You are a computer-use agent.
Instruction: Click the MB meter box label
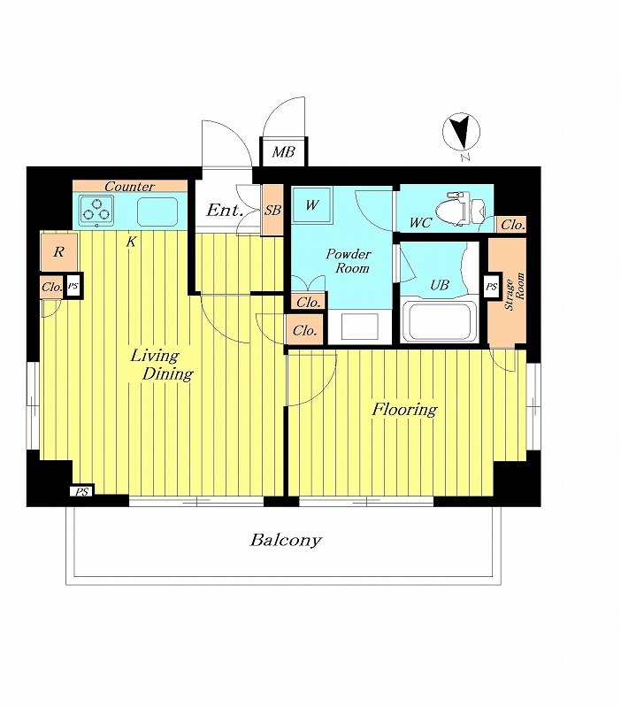pyautogui.click(x=283, y=152)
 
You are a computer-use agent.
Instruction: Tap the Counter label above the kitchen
pyautogui.click(x=129, y=186)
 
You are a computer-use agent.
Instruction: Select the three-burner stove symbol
pyautogui.click(x=96, y=211)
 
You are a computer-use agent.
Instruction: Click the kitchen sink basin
pyautogui.click(x=157, y=212)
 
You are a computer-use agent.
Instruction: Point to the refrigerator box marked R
pyautogui.click(x=59, y=252)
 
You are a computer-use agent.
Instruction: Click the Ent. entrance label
pyautogui.click(x=225, y=210)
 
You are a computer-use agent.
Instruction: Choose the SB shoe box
pyautogui.click(x=272, y=210)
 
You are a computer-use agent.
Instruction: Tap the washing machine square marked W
pyautogui.click(x=312, y=205)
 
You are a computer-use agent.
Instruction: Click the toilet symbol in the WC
pyautogui.click(x=460, y=209)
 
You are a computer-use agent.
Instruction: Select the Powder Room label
pyautogui.click(x=349, y=261)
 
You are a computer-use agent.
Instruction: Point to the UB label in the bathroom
pyautogui.click(x=440, y=285)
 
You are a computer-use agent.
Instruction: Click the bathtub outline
pyautogui.click(x=439, y=320)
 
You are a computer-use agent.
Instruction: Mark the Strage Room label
pyautogui.click(x=515, y=291)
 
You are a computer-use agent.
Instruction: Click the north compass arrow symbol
pyautogui.click(x=461, y=132)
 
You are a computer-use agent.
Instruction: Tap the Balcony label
pyautogui.click(x=286, y=540)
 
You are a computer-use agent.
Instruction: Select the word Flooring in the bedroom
pyautogui.click(x=404, y=410)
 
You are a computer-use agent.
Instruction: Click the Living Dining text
pyautogui.click(x=162, y=365)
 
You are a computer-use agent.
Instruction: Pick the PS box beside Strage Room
pyautogui.click(x=492, y=286)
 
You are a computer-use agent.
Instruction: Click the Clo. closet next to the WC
pyautogui.click(x=513, y=225)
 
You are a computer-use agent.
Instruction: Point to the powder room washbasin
pyautogui.click(x=360, y=327)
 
